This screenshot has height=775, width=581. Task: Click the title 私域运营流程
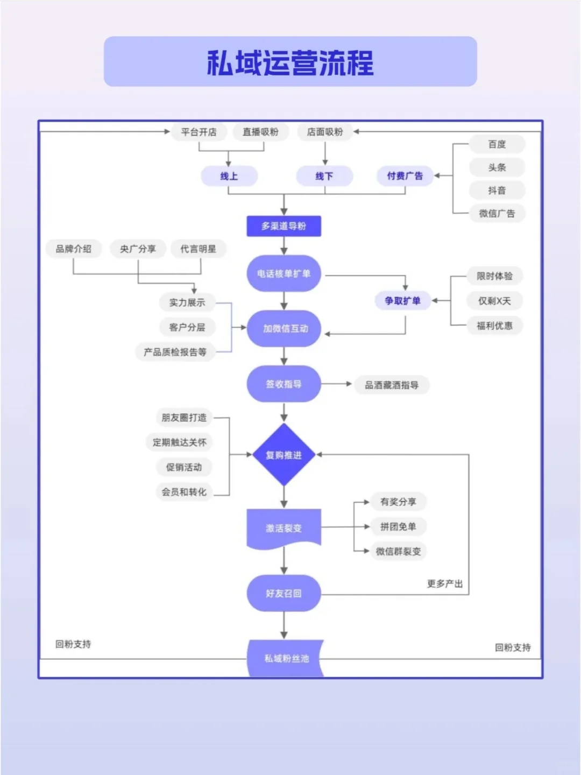(290, 62)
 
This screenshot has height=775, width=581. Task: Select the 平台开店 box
(199, 132)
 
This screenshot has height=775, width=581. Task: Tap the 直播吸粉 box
(260, 132)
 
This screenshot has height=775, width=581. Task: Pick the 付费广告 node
(405, 176)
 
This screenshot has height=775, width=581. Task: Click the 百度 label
(497, 144)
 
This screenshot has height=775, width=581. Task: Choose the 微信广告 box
(497, 213)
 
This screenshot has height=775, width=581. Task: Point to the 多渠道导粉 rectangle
(284, 226)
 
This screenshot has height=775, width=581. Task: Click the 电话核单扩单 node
(284, 273)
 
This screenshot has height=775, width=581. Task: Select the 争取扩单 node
(402, 301)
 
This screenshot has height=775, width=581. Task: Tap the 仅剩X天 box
(494, 301)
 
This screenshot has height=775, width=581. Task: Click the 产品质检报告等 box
(175, 352)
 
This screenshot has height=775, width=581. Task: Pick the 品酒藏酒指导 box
(392, 385)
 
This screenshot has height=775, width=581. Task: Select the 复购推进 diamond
(284, 455)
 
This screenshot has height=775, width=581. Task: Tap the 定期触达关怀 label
(179, 442)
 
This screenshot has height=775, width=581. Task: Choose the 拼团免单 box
(398, 527)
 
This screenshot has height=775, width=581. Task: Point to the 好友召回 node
(284, 593)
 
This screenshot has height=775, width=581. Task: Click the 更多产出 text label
(444, 583)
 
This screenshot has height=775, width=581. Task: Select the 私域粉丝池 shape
(286, 658)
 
